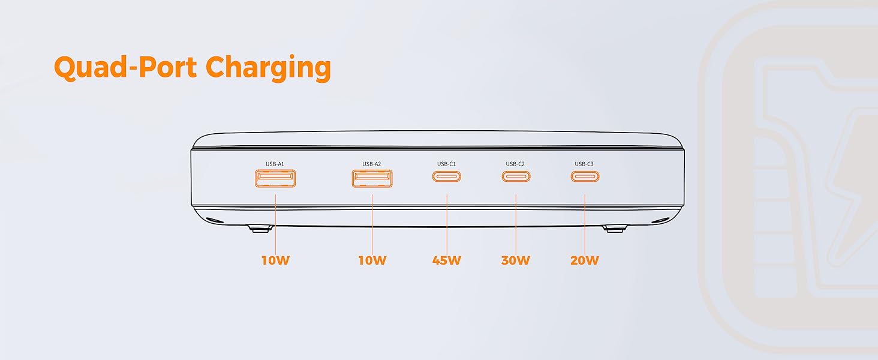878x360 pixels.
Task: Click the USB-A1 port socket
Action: pyautogui.click(x=275, y=178)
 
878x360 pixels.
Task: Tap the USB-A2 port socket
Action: pyautogui.click(x=372, y=178)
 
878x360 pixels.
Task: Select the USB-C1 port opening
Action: pyautogui.click(x=446, y=176)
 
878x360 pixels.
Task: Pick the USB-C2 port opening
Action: pyautogui.click(x=516, y=176)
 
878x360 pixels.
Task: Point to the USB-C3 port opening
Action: pyautogui.click(x=585, y=176)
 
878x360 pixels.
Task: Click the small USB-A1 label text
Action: pyautogui.click(x=275, y=164)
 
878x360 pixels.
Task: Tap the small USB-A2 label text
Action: pyautogui.click(x=372, y=164)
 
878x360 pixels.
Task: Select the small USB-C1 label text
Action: pyautogui.click(x=446, y=164)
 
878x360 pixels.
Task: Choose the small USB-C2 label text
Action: pyautogui.click(x=515, y=164)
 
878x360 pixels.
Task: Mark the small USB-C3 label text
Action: pyautogui.click(x=584, y=164)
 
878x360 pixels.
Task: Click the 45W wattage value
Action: pyautogui.click(x=446, y=260)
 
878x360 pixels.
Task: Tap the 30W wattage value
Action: pyautogui.click(x=515, y=260)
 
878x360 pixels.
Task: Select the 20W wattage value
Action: pyautogui.click(x=584, y=260)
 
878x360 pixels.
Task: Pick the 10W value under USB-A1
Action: pyautogui.click(x=275, y=260)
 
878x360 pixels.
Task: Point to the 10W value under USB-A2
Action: pyautogui.click(x=372, y=260)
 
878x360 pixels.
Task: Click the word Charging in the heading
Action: pyautogui.click(x=268, y=68)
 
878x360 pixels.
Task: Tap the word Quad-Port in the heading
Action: pyautogui.click(x=125, y=67)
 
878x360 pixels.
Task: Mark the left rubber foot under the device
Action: pyautogui.click(x=260, y=229)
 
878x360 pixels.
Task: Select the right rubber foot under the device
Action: pyautogui.click(x=615, y=229)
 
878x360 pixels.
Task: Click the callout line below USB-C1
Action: pyautogui.click(x=447, y=225)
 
